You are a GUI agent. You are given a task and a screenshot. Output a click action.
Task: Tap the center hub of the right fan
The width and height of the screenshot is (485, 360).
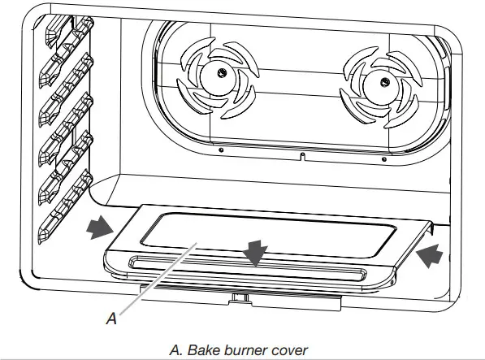[x=377, y=81]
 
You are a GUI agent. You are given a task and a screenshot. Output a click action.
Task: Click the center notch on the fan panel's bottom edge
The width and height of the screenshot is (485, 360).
[x=301, y=154]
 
